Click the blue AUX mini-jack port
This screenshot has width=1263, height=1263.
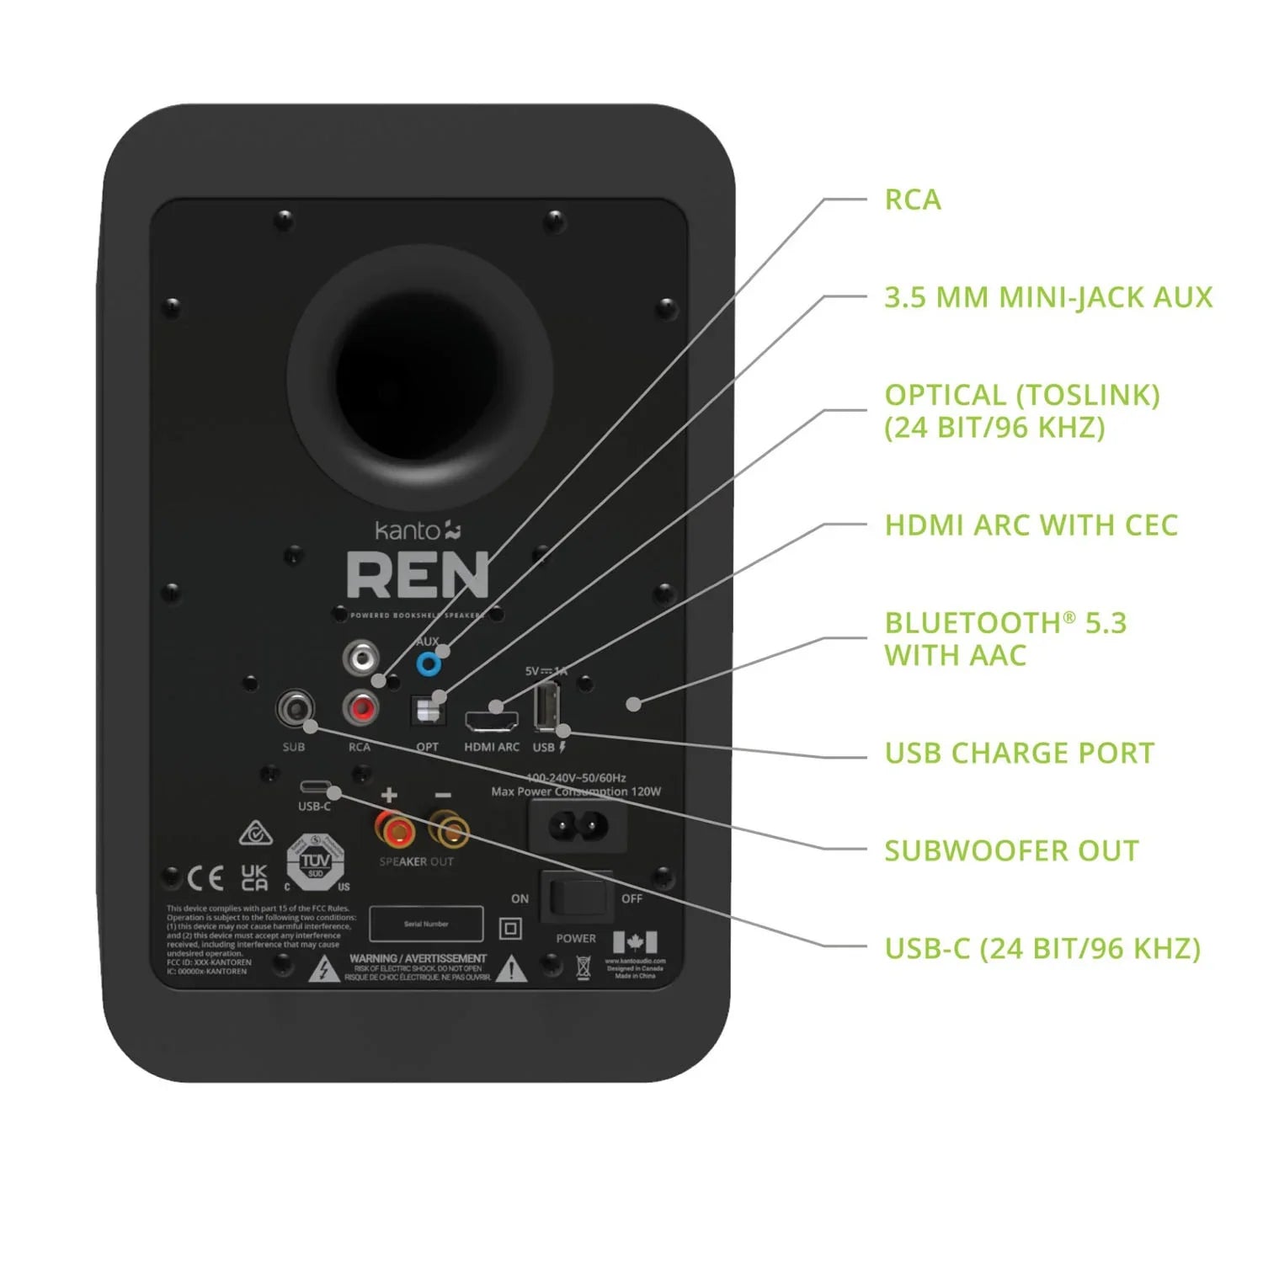coord(429,665)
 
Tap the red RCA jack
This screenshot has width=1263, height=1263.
coord(361,708)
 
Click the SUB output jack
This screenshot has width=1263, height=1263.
coord(295,708)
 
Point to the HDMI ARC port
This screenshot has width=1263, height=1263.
coord(492,721)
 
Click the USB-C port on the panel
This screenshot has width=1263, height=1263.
coord(315,787)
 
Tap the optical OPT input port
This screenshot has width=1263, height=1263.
coord(427,711)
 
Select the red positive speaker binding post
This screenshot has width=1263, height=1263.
coord(393,832)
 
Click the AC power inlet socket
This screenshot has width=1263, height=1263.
coord(578,825)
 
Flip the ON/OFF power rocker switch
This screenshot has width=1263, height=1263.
coord(577,897)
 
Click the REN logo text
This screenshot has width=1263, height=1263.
coord(418,575)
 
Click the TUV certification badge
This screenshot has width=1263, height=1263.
coord(315,861)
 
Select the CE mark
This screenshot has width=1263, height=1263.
coord(205,879)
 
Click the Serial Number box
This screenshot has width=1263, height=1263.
coord(426,924)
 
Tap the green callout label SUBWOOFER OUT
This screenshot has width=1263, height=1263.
coord(1010,850)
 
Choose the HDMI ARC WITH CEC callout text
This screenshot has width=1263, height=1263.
coord(1030,525)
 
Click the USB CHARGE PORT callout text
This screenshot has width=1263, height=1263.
coord(1019,753)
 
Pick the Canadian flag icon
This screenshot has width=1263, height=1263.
coord(635,941)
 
